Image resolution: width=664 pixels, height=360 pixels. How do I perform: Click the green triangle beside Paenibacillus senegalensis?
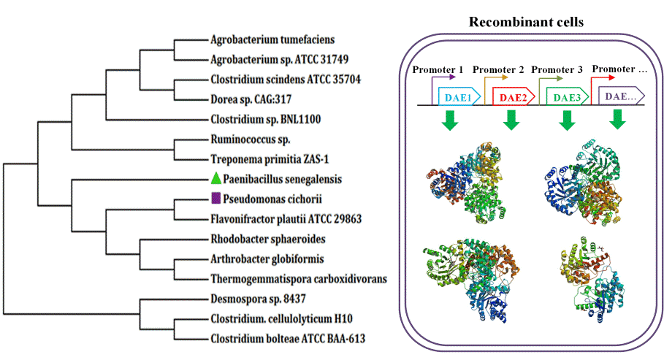point(215,178)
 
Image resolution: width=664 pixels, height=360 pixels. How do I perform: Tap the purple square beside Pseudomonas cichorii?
point(215,198)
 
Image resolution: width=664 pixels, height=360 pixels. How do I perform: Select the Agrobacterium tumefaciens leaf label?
point(263,39)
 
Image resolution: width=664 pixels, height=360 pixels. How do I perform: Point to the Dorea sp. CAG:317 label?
point(251,99)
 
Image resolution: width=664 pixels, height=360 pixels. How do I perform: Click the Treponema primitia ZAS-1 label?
point(266,158)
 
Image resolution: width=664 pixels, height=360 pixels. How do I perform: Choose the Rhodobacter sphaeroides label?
point(268,238)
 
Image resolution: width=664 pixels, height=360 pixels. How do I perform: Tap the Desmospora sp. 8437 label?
point(259,299)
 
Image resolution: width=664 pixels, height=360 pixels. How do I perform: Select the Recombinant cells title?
point(526,22)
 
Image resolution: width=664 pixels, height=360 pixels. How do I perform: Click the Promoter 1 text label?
point(438,69)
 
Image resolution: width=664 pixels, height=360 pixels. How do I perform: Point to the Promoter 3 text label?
point(557,69)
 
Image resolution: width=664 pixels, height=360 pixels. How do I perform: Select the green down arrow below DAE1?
point(451,121)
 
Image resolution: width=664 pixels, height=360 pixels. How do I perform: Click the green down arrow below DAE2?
point(511,121)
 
